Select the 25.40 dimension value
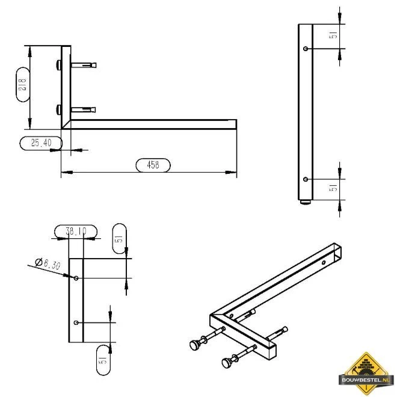click(41, 143)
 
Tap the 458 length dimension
click(153, 165)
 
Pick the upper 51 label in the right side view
click(334, 37)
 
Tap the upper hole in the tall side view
click(307, 48)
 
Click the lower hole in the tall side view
click(307, 179)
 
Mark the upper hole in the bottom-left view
click(76, 278)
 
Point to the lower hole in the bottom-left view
click(76, 323)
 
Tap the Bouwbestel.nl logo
click(367, 371)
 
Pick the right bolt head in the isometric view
click(227, 363)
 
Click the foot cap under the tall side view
click(307, 204)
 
